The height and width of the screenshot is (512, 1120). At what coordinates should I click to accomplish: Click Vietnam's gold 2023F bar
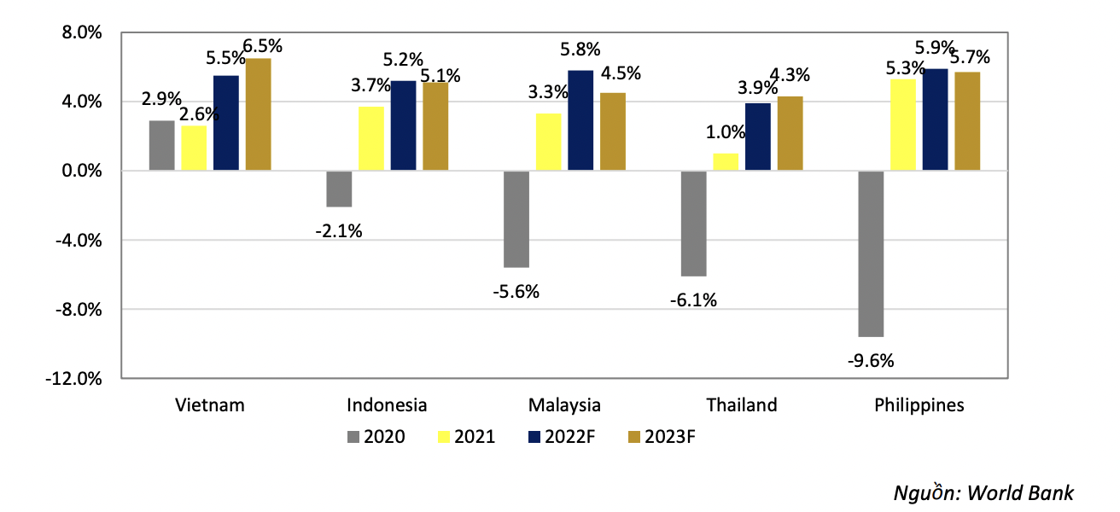pos(258,114)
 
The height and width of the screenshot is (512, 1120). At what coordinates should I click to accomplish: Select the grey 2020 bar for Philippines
pos(871,253)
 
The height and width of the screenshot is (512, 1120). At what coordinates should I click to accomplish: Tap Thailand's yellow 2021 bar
pos(726,162)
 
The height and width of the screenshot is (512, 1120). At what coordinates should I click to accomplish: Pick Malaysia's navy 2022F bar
pos(580,120)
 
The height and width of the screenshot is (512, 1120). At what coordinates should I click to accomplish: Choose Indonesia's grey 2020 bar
pos(339,189)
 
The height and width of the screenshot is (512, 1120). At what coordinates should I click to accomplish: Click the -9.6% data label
pos(871,361)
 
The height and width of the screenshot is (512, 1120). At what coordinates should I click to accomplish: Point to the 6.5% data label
pos(263,46)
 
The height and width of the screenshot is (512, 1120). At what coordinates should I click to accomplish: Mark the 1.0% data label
pos(726,132)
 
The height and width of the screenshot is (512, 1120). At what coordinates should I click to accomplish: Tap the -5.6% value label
pos(516,292)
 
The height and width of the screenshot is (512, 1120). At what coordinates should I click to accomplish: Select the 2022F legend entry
pos(559,437)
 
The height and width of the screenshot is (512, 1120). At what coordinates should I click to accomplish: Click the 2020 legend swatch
pos(354,437)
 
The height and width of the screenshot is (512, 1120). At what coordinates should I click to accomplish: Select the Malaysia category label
pos(564,404)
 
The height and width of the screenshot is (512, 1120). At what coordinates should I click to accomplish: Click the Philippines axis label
pos(919,404)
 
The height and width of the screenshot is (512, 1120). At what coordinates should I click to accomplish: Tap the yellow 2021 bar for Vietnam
pos(194,148)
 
